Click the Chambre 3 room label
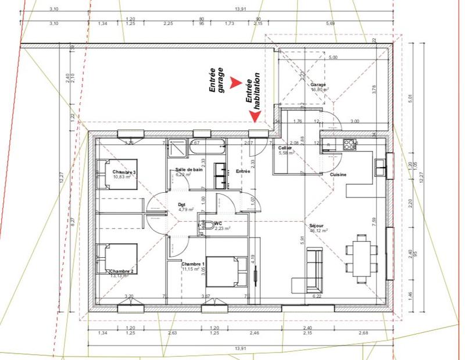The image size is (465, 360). coord(124,172)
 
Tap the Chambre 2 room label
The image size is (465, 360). coord(121,271)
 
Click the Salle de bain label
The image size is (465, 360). coord(189,170)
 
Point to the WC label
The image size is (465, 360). coord(218,223)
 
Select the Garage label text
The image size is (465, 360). coord(318,85)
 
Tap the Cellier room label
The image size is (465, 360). coord(285,148)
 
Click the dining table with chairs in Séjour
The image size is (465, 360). coord(362,255)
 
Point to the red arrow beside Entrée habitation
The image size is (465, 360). coord(255,116)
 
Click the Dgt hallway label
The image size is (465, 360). coord(182,204)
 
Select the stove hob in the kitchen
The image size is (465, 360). coord(350,143)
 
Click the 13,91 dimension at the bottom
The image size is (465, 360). coord(239,348)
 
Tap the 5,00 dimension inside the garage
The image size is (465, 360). coord(333,58)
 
